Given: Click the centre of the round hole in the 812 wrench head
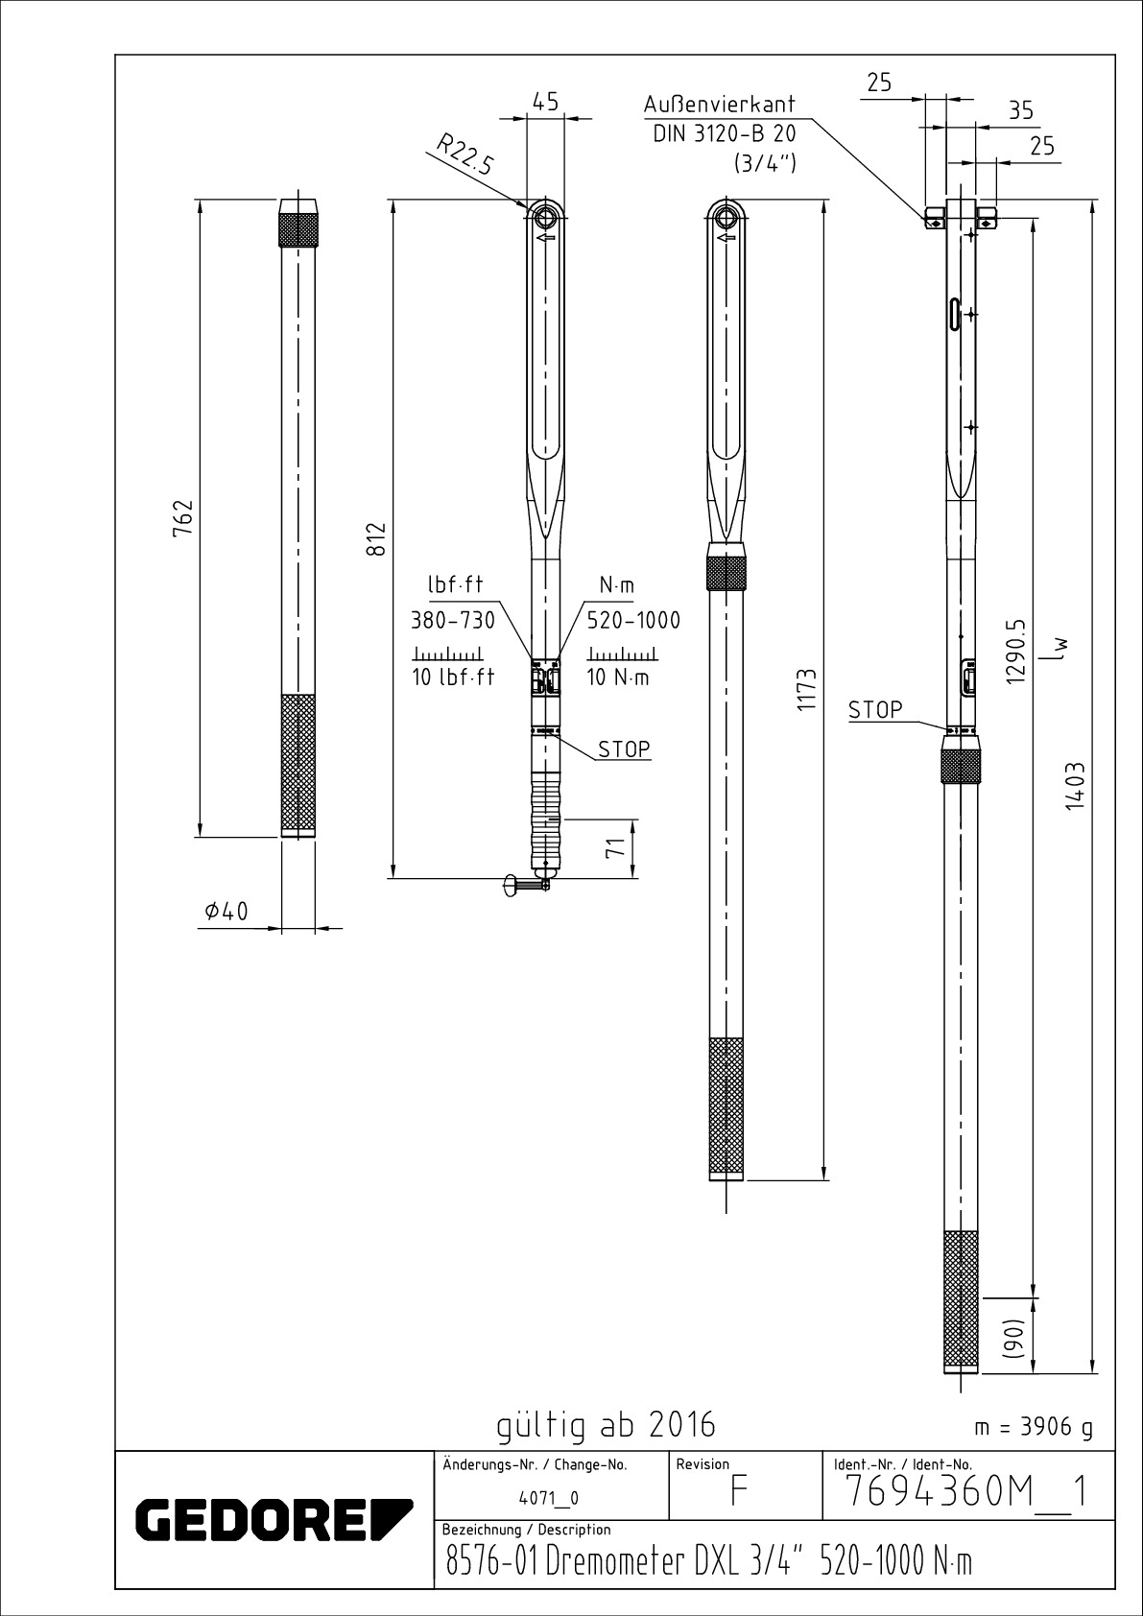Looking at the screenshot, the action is point(545,217).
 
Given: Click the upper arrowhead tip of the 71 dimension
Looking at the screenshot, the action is point(632,820).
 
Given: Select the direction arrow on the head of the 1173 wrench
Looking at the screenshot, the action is point(726,237).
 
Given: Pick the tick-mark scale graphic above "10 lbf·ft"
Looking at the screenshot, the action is point(448,654).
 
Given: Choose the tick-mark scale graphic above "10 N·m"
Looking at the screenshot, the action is point(622,654).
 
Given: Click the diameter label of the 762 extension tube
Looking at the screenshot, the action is point(226,912).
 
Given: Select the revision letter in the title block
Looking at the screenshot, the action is point(738,1490).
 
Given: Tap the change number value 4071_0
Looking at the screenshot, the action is point(548,1498).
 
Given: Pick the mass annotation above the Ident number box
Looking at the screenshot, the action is point(1034,1427).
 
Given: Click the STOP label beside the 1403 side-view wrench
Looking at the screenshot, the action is point(875,710).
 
